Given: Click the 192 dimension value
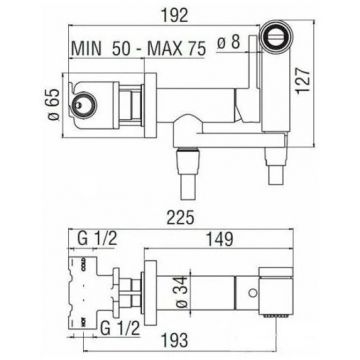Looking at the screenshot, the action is point(176,16).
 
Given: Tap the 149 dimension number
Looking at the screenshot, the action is point(219,239).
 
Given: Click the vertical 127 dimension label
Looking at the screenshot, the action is point(303,81).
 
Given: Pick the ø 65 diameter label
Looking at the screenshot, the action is point(55,104).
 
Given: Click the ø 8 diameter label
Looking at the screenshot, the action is point(229,43).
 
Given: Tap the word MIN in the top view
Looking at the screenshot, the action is point(86,49).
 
